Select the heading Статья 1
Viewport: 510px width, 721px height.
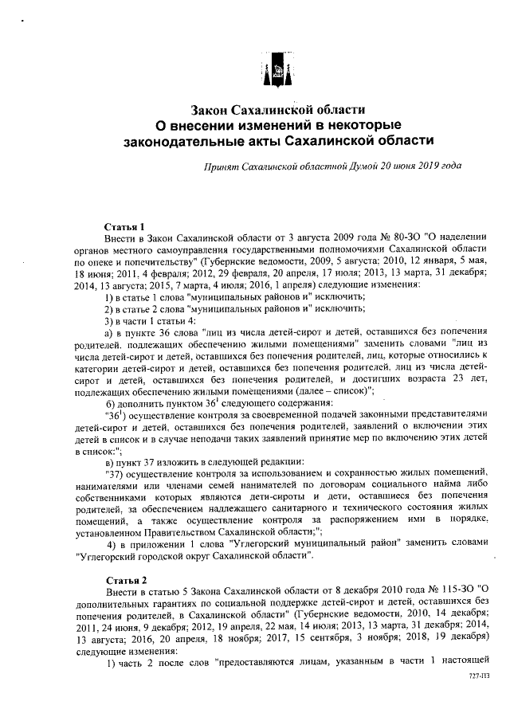pos(124,226)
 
